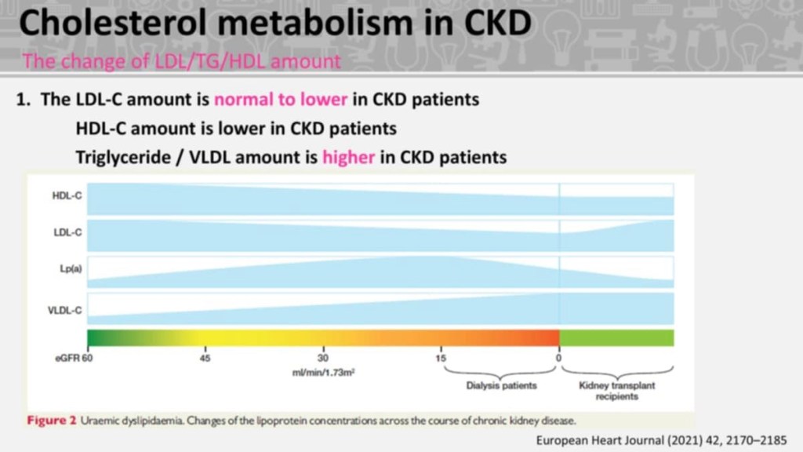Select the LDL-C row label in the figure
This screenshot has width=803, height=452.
(x=64, y=232)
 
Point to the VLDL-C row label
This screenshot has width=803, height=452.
(x=62, y=310)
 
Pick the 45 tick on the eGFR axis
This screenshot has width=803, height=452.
(x=205, y=358)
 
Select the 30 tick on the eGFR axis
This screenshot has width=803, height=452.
(x=323, y=358)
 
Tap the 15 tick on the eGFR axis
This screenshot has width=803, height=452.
(x=441, y=358)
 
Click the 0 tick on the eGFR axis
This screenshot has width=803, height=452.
(x=559, y=358)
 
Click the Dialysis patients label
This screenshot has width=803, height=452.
(x=502, y=385)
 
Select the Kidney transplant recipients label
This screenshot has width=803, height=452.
(x=617, y=391)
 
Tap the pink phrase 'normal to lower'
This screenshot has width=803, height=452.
(x=269, y=101)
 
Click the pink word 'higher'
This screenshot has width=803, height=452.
(x=348, y=157)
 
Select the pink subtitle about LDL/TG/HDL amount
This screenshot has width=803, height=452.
(x=182, y=60)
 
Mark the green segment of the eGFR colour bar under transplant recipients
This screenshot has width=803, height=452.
(x=616, y=337)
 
